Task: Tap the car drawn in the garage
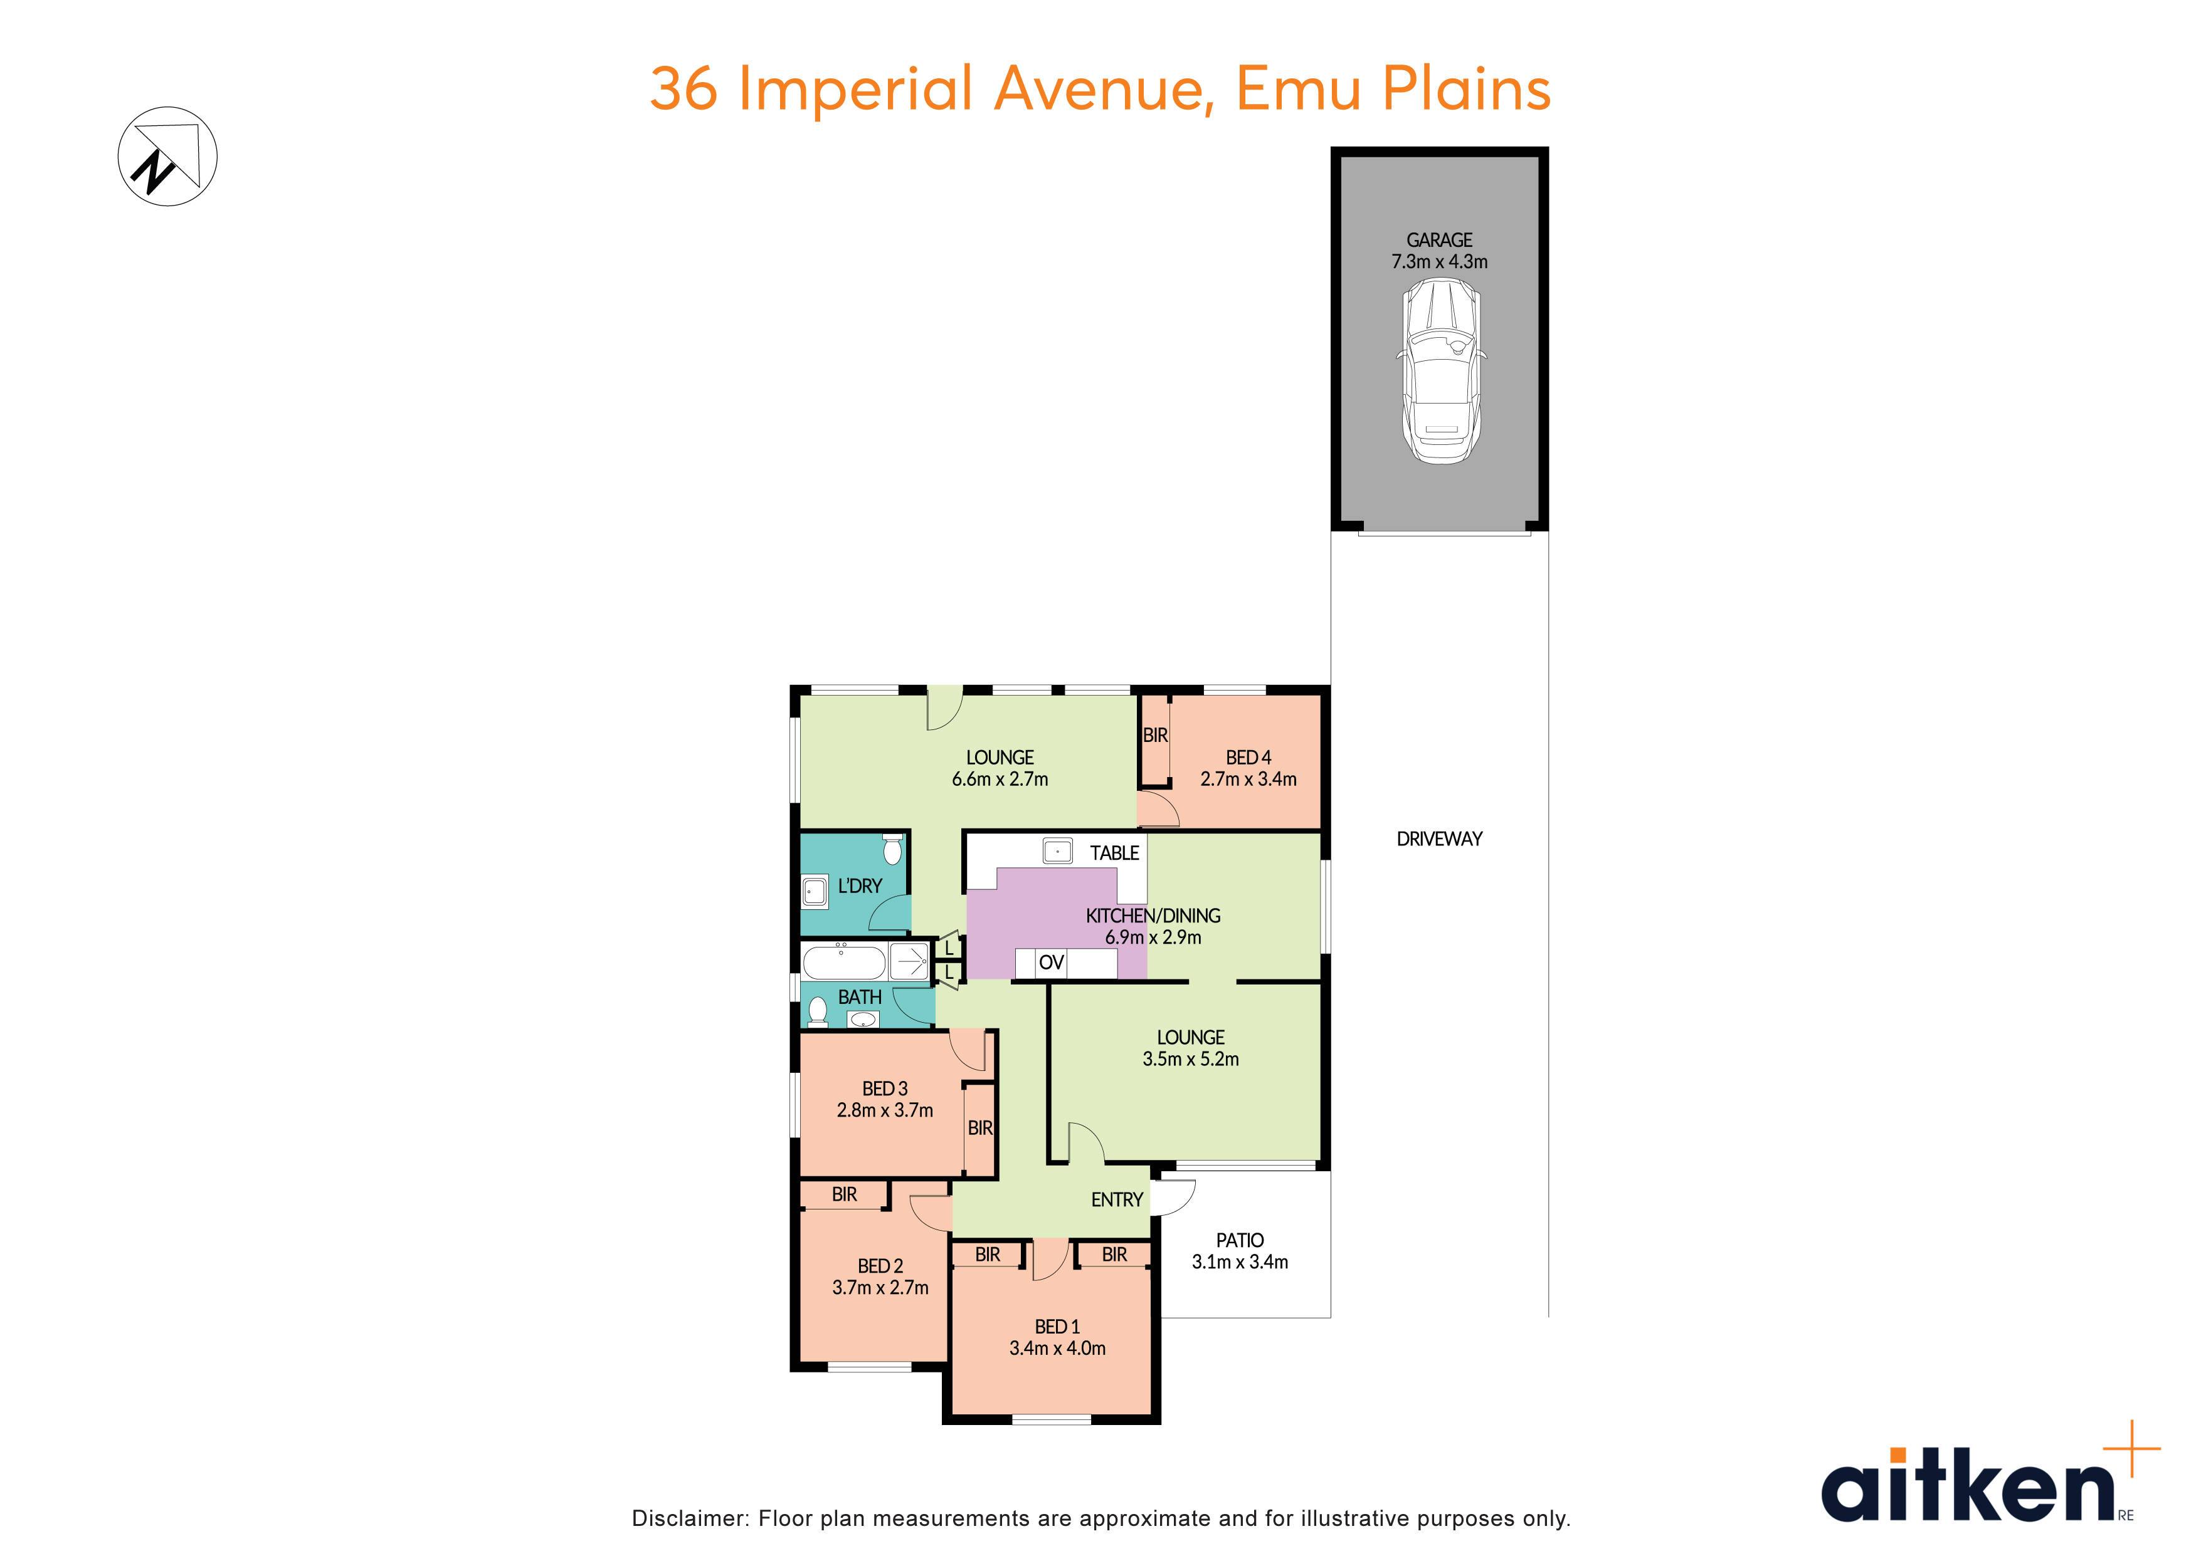pos(1441,371)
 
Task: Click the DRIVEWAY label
pos(1439,839)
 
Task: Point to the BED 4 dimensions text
pos(1248,779)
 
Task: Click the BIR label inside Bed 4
pos(1155,735)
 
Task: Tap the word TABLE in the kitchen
pos(1114,853)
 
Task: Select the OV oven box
pos(1051,962)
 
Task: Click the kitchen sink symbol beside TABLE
pos(1057,850)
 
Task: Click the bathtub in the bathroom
pos(843,961)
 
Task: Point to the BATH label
pos(859,998)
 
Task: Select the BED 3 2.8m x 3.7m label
pos(884,1099)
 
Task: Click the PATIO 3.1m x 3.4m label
pos(1240,1250)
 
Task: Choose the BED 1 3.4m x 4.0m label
pos(1057,1337)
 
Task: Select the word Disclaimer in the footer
pos(689,1518)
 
